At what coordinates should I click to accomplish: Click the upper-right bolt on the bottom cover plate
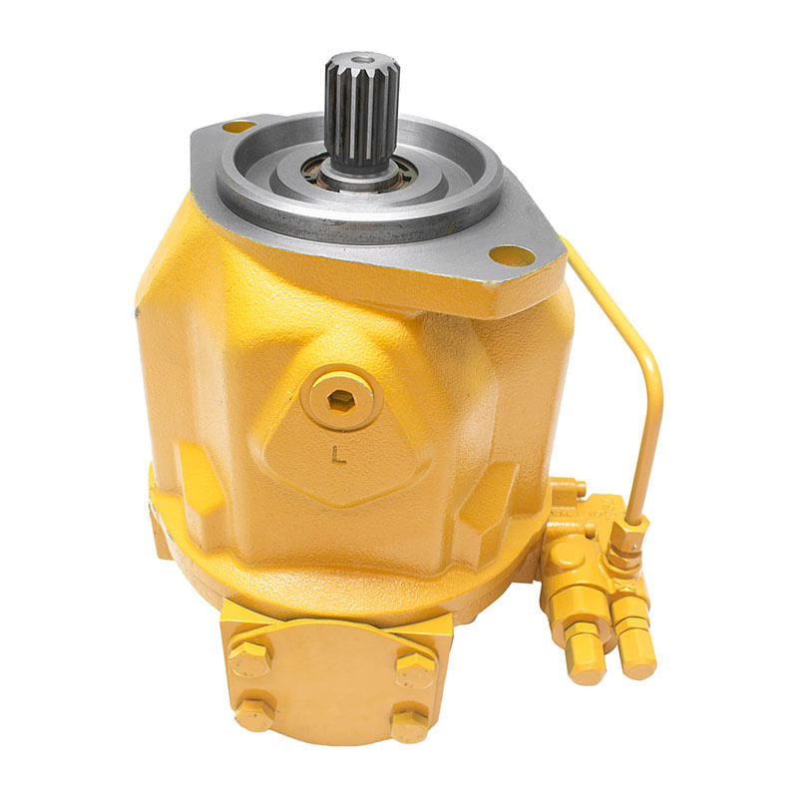point(414,665)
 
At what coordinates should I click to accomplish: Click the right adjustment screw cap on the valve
point(634,650)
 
